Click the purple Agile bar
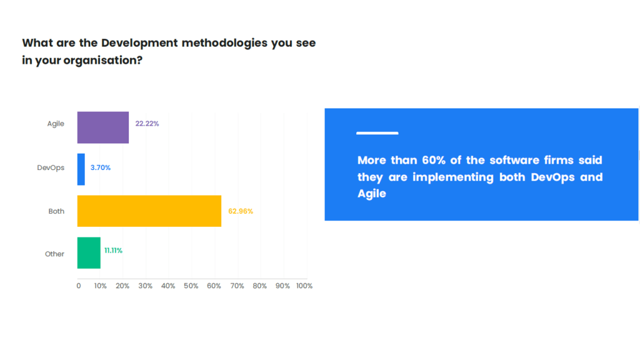(x=103, y=127)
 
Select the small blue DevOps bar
(x=81, y=169)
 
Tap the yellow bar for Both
(x=149, y=211)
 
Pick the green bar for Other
(x=89, y=253)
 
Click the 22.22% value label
(x=147, y=124)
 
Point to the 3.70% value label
(x=101, y=167)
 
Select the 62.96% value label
(x=241, y=211)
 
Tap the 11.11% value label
(x=113, y=251)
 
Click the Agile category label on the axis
(x=56, y=124)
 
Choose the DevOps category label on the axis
(x=51, y=167)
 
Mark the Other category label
(x=54, y=254)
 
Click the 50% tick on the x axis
(x=191, y=286)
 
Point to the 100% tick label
(x=304, y=286)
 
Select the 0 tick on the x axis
(x=79, y=286)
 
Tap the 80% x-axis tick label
(x=259, y=286)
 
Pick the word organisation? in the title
(x=103, y=61)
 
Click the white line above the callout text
(x=377, y=133)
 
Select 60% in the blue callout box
(x=434, y=160)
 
